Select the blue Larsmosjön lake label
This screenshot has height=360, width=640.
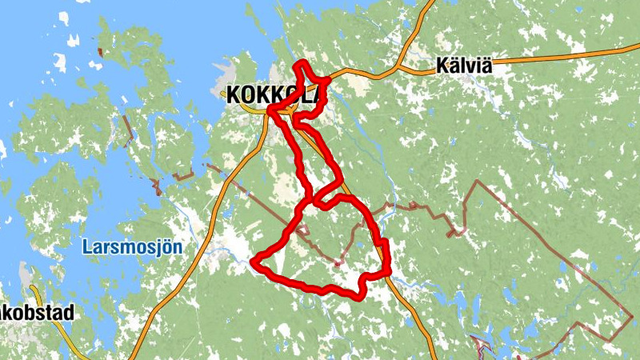(132, 247)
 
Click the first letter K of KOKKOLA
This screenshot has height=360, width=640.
(234, 94)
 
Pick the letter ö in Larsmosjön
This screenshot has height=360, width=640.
(166, 247)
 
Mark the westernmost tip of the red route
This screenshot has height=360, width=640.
(254, 261)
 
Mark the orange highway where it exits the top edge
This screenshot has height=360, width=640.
(432, 2)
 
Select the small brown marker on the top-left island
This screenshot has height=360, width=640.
(99, 52)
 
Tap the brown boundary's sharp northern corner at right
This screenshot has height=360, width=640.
(478, 182)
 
